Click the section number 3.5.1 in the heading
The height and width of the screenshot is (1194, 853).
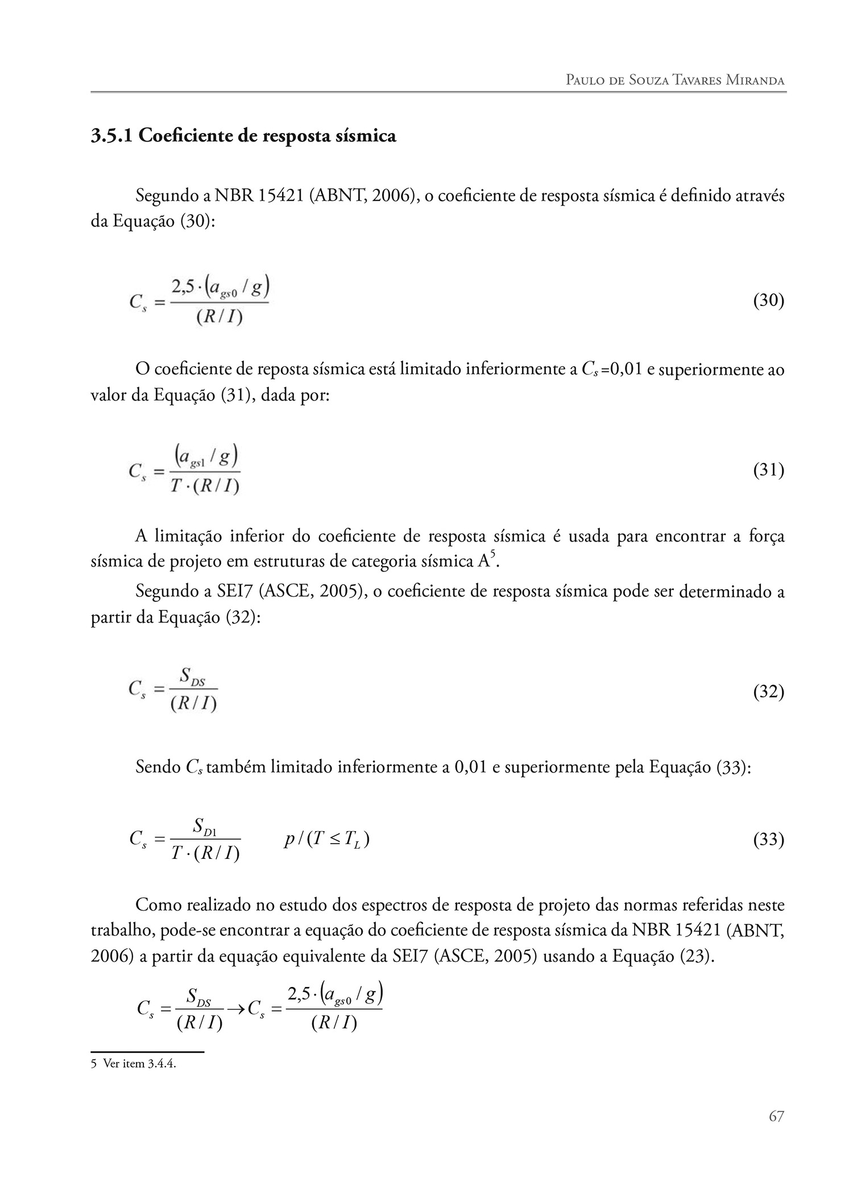coord(111,137)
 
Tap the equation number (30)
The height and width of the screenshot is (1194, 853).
coord(768,300)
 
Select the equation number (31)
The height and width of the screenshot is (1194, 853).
coord(768,470)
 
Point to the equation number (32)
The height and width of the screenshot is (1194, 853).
coord(768,692)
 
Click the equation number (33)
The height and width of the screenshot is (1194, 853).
coord(768,840)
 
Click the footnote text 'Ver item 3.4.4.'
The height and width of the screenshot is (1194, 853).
coord(139,1064)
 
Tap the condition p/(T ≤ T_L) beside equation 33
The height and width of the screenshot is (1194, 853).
coord(327,840)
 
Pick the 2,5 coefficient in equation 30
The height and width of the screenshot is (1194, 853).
coord(183,288)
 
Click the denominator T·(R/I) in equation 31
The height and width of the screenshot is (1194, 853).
coord(205,487)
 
